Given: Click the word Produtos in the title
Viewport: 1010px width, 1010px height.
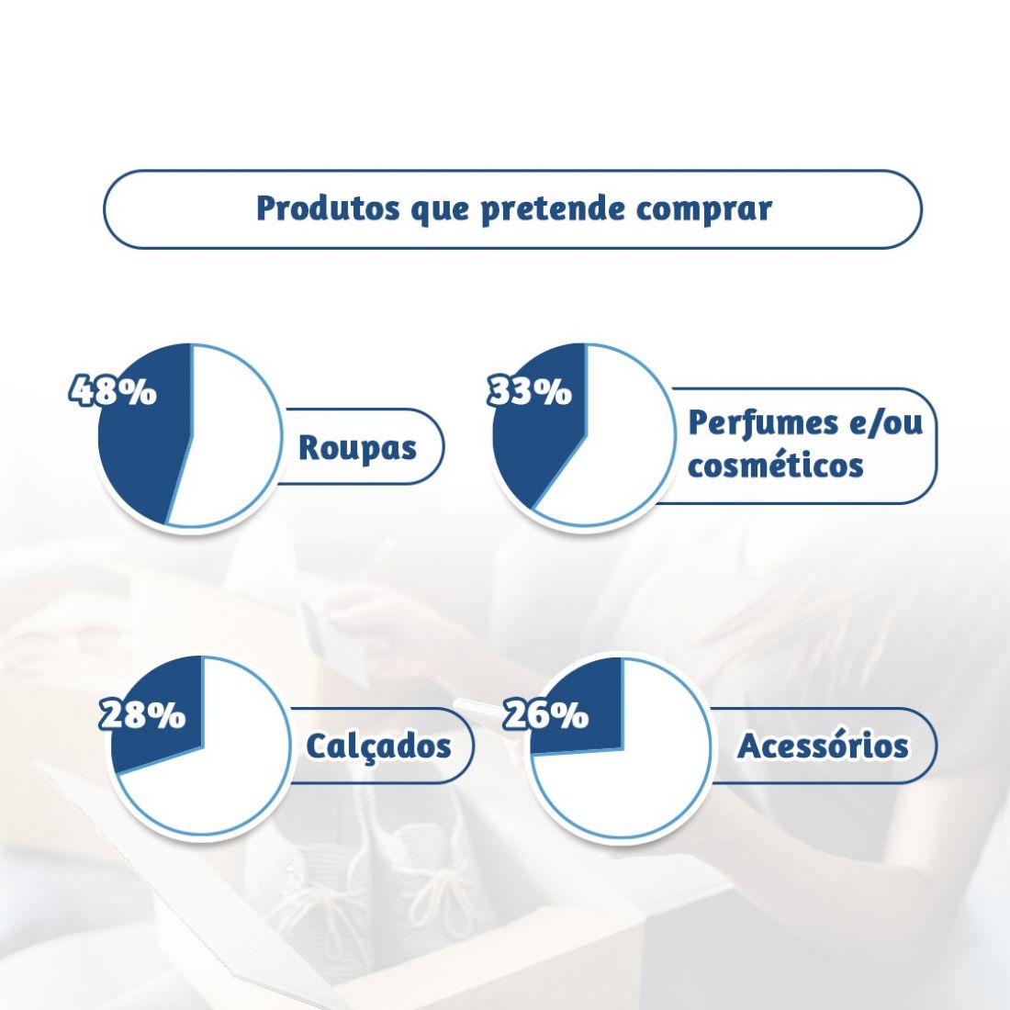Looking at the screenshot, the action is (327, 208).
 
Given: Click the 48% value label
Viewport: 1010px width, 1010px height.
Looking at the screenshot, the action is (113, 390).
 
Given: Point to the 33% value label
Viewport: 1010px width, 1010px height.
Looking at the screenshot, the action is (530, 390).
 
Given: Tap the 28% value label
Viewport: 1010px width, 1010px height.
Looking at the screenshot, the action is (142, 714).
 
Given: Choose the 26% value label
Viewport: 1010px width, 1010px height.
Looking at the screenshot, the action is (545, 714).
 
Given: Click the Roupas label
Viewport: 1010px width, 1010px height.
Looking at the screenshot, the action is (357, 448).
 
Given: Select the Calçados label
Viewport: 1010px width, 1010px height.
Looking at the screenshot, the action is (378, 746).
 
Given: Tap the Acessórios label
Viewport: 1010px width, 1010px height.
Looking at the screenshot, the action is (823, 746).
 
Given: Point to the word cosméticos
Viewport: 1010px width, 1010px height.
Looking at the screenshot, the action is (776, 465).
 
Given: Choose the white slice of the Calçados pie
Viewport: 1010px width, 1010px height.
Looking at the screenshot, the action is (219, 773).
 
